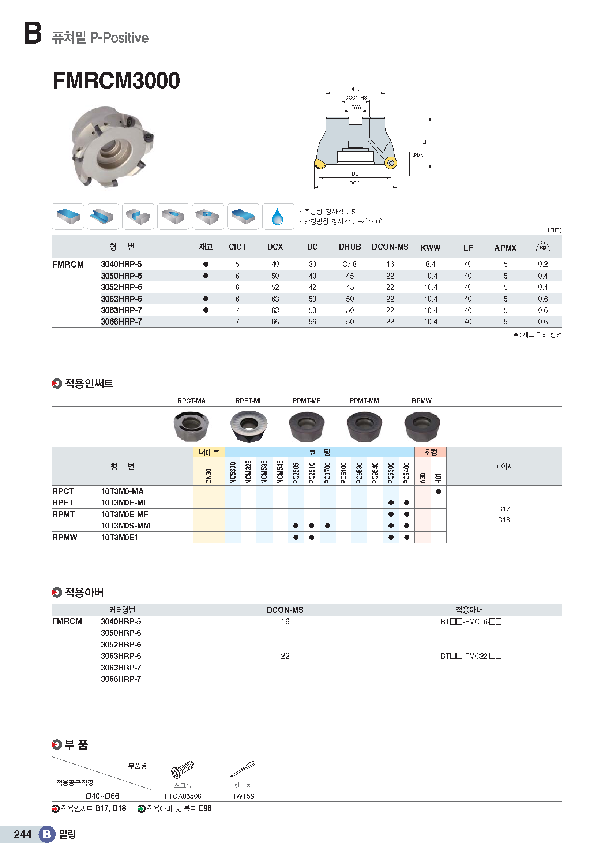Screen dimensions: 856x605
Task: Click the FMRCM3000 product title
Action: tap(116, 81)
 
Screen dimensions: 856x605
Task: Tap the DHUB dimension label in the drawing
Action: tap(356, 89)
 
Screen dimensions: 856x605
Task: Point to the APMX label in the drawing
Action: tap(417, 156)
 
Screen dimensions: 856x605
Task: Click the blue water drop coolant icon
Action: tap(277, 217)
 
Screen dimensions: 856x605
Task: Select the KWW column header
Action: tap(430, 248)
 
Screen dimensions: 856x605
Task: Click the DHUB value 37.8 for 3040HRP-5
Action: tap(349, 264)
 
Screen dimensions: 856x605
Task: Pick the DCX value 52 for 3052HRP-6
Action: tap(275, 287)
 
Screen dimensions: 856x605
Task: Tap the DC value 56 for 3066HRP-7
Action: tap(312, 322)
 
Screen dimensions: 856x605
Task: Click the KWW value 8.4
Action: tap(430, 264)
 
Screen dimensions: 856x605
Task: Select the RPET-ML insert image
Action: tap(248, 426)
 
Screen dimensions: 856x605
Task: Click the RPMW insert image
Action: tap(422, 426)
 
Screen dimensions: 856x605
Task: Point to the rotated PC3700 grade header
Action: tap(327, 473)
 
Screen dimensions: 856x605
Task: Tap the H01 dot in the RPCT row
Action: tap(439, 491)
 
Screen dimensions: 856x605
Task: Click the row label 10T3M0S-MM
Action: tap(125, 526)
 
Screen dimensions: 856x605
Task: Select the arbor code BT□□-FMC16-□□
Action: tap(471, 621)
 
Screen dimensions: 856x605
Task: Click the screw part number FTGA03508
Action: tap(183, 796)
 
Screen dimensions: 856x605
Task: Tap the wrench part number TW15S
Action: tap(243, 796)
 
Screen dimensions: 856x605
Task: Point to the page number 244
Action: tap(23, 834)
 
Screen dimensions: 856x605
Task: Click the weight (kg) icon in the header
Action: tap(542, 246)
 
